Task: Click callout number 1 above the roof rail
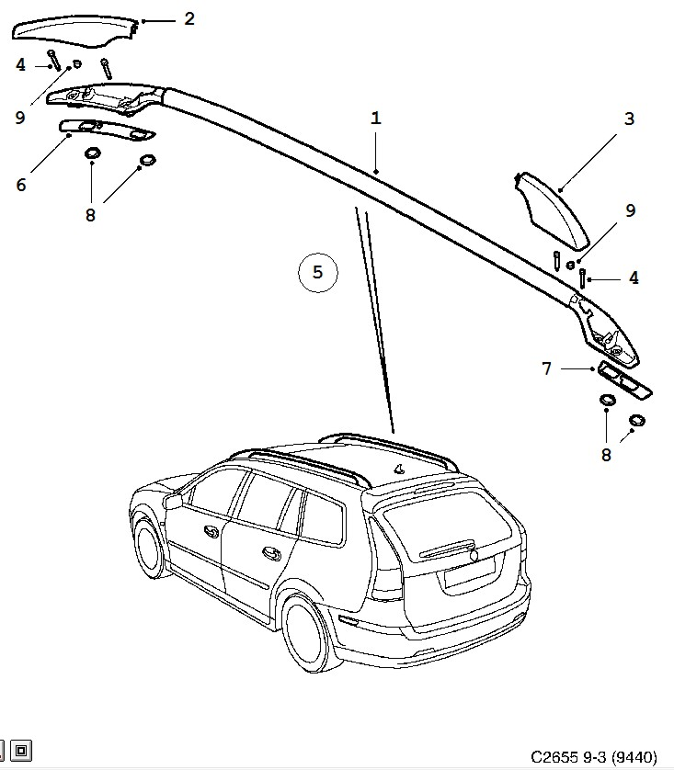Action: [376, 119]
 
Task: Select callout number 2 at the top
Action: [189, 17]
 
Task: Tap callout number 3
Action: [629, 119]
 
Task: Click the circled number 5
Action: [318, 272]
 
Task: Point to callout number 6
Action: [20, 184]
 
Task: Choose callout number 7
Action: [546, 368]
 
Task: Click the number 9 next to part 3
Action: [630, 210]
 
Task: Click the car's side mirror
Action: [174, 501]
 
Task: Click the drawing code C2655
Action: [554, 756]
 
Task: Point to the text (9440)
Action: [635, 756]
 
